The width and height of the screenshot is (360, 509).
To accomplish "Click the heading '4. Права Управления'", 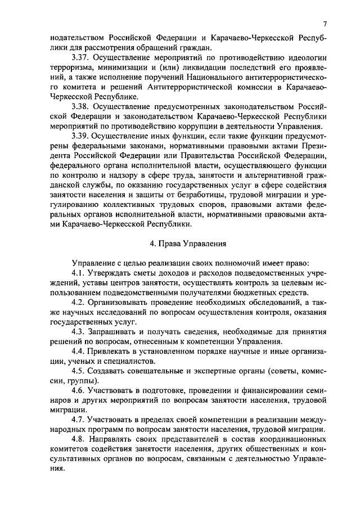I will click(x=188, y=244).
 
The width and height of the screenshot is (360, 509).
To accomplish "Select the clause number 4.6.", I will click(x=79, y=391).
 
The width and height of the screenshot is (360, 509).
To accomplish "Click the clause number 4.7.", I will click(x=79, y=420).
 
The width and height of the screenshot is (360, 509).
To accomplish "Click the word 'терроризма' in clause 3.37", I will click(x=70, y=67).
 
